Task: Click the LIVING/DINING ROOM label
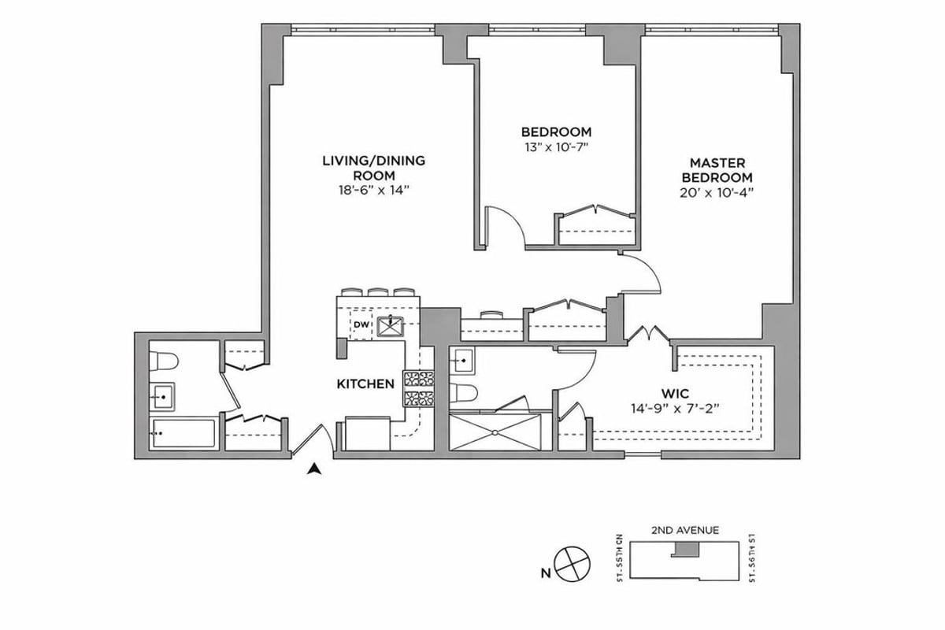pyautogui.click(x=373, y=168)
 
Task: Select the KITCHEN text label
pyautogui.click(x=365, y=384)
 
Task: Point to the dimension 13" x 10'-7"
pyautogui.click(x=556, y=146)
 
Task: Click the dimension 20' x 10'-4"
pyautogui.click(x=717, y=192)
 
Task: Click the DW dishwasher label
pyautogui.click(x=361, y=324)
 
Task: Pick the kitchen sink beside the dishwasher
pyautogui.click(x=390, y=324)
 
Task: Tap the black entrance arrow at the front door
pyautogui.click(x=315, y=469)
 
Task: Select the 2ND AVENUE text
pyautogui.click(x=684, y=530)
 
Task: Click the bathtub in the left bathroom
pyautogui.click(x=183, y=433)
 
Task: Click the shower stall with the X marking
pyautogui.click(x=495, y=432)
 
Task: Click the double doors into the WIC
pyautogui.click(x=647, y=335)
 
